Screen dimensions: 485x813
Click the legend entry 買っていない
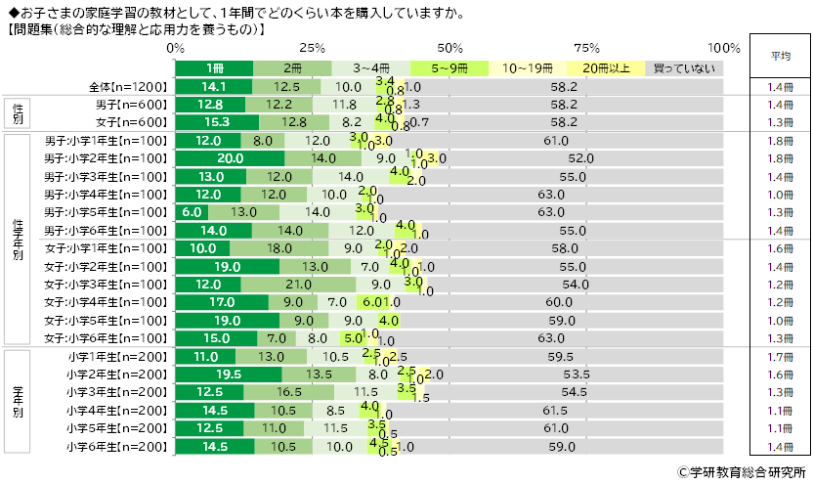point(684,68)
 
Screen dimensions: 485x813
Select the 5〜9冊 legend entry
point(449,68)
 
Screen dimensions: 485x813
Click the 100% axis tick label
point(724,48)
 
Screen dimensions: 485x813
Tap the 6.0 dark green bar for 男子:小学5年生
point(192,211)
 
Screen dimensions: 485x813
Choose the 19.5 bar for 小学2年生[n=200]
point(229,374)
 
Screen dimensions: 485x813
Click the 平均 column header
point(780,56)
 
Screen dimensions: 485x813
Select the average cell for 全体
point(780,87)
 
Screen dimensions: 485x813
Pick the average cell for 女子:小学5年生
point(780,320)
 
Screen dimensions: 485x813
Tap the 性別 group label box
point(19,113)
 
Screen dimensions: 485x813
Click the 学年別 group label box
point(19,400)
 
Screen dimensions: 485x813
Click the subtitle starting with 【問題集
point(137,30)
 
